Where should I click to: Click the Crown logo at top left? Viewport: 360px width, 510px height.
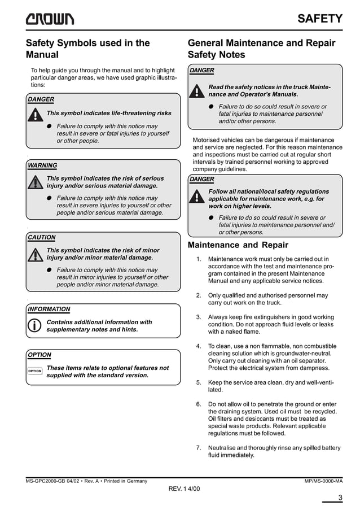point(49,19)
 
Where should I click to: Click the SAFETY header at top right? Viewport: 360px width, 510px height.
point(320,19)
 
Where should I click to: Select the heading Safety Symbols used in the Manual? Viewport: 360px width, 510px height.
point(87,49)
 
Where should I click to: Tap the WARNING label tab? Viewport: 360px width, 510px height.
point(42,165)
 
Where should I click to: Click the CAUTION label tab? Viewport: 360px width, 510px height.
point(42,238)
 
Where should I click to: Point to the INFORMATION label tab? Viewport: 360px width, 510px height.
point(49,310)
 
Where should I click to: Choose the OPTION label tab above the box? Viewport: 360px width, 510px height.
point(39,355)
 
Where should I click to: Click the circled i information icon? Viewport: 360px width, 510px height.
point(35,326)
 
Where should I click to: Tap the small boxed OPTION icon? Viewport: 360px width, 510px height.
point(35,371)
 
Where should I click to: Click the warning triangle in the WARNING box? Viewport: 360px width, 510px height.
point(36,182)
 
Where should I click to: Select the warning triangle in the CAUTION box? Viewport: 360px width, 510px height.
point(36,255)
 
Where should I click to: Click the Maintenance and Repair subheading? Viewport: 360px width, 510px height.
point(238,245)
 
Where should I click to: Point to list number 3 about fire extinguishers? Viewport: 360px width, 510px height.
point(199,317)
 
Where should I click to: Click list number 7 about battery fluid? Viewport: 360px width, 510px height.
point(199,448)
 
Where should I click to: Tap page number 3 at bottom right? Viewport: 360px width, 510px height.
point(340,498)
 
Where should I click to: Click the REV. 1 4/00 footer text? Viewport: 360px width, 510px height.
point(184,488)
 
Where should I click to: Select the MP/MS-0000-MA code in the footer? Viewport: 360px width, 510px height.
point(323,481)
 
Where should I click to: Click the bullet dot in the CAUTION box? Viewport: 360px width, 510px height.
point(50,270)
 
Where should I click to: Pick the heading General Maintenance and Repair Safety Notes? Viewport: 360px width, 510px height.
point(261,49)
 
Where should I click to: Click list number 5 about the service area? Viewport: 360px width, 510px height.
point(199,382)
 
